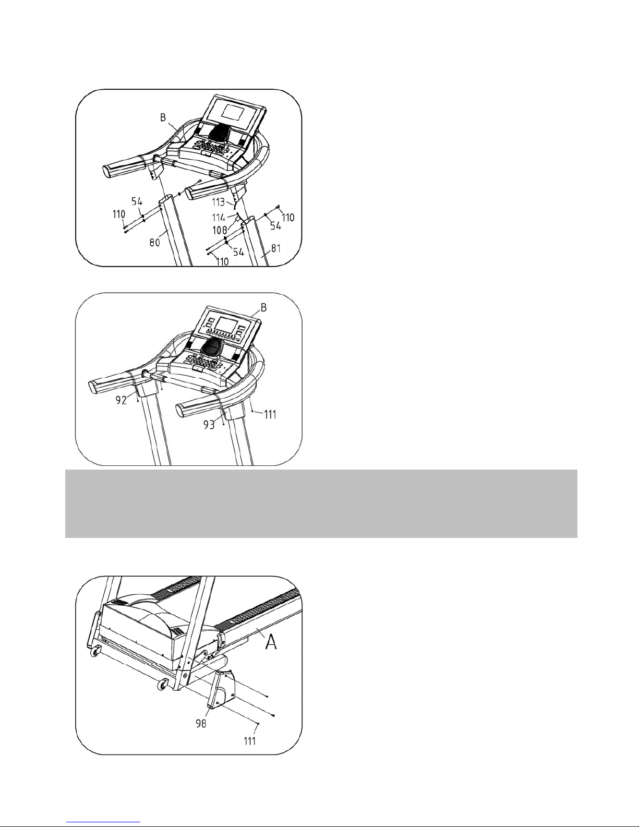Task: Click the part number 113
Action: [219, 202]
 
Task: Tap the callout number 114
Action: [219, 218]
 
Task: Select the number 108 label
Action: [220, 230]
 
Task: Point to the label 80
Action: [155, 242]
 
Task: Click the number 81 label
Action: [276, 248]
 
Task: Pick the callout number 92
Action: [122, 400]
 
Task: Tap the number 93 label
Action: [209, 425]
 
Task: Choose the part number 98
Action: [201, 723]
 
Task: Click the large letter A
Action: [271, 643]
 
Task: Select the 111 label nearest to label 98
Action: [250, 740]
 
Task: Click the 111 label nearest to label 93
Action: [270, 414]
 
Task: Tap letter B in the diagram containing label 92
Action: [263, 307]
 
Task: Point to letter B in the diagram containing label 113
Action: [163, 117]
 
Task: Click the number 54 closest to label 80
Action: [137, 201]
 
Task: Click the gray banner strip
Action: [321, 504]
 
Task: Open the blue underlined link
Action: [103, 822]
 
